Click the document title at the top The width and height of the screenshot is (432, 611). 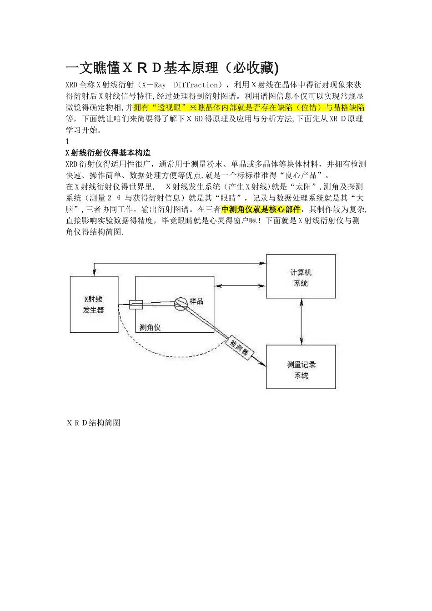click(x=172, y=68)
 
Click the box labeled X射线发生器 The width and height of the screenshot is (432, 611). click(x=94, y=305)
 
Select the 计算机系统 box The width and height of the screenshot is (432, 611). click(x=301, y=277)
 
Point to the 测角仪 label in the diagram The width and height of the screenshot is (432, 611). click(x=150, y=327)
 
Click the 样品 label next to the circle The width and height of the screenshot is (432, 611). click(x=196, y=301)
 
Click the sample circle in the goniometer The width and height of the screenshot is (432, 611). click(x=181, y=304)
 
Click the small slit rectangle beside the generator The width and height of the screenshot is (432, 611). click(x=136, y=305)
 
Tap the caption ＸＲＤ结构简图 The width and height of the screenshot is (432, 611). click(x=93, y=423)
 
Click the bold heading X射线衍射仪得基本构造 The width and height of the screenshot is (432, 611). click(x=108, y=153)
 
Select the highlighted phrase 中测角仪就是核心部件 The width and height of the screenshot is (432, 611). click(x=261, y=209)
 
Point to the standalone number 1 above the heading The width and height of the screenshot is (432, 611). click(x=67, y=141)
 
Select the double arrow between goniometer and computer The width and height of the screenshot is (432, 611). click(x=240, y=286)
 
